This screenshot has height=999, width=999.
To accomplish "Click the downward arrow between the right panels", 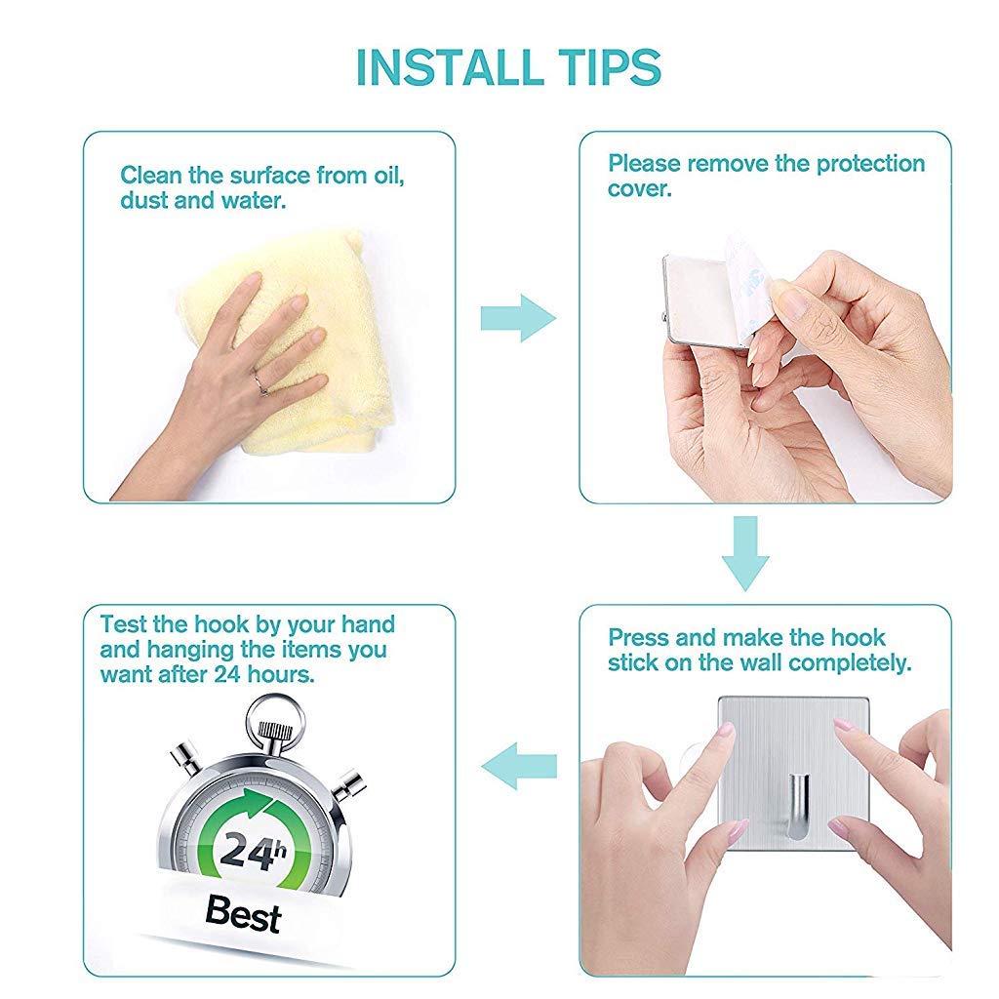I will (x=745, y=553).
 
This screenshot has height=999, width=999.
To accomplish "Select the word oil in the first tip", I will (x=385, y=176).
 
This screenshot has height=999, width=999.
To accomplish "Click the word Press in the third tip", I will (x=639, y=638).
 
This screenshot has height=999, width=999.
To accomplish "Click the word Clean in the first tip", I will (x=152, y=176).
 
